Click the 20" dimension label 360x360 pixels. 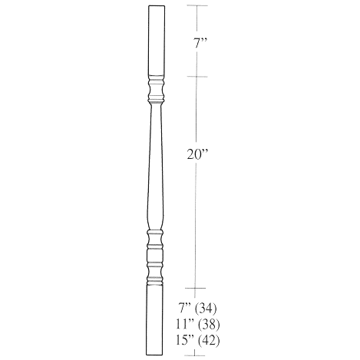pos(197,154)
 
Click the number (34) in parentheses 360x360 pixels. pos(206,309)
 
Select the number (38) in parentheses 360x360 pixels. pos(208,323)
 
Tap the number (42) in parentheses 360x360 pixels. pos(208,338)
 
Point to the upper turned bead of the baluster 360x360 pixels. pos(155,91)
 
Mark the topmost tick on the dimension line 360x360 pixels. pos(197,6)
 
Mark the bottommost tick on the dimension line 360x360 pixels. pos(197,355)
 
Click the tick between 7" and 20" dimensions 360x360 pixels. pos(197,77)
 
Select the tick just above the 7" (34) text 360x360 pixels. pos(197,286)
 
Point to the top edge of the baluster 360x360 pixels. pos(155,6)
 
